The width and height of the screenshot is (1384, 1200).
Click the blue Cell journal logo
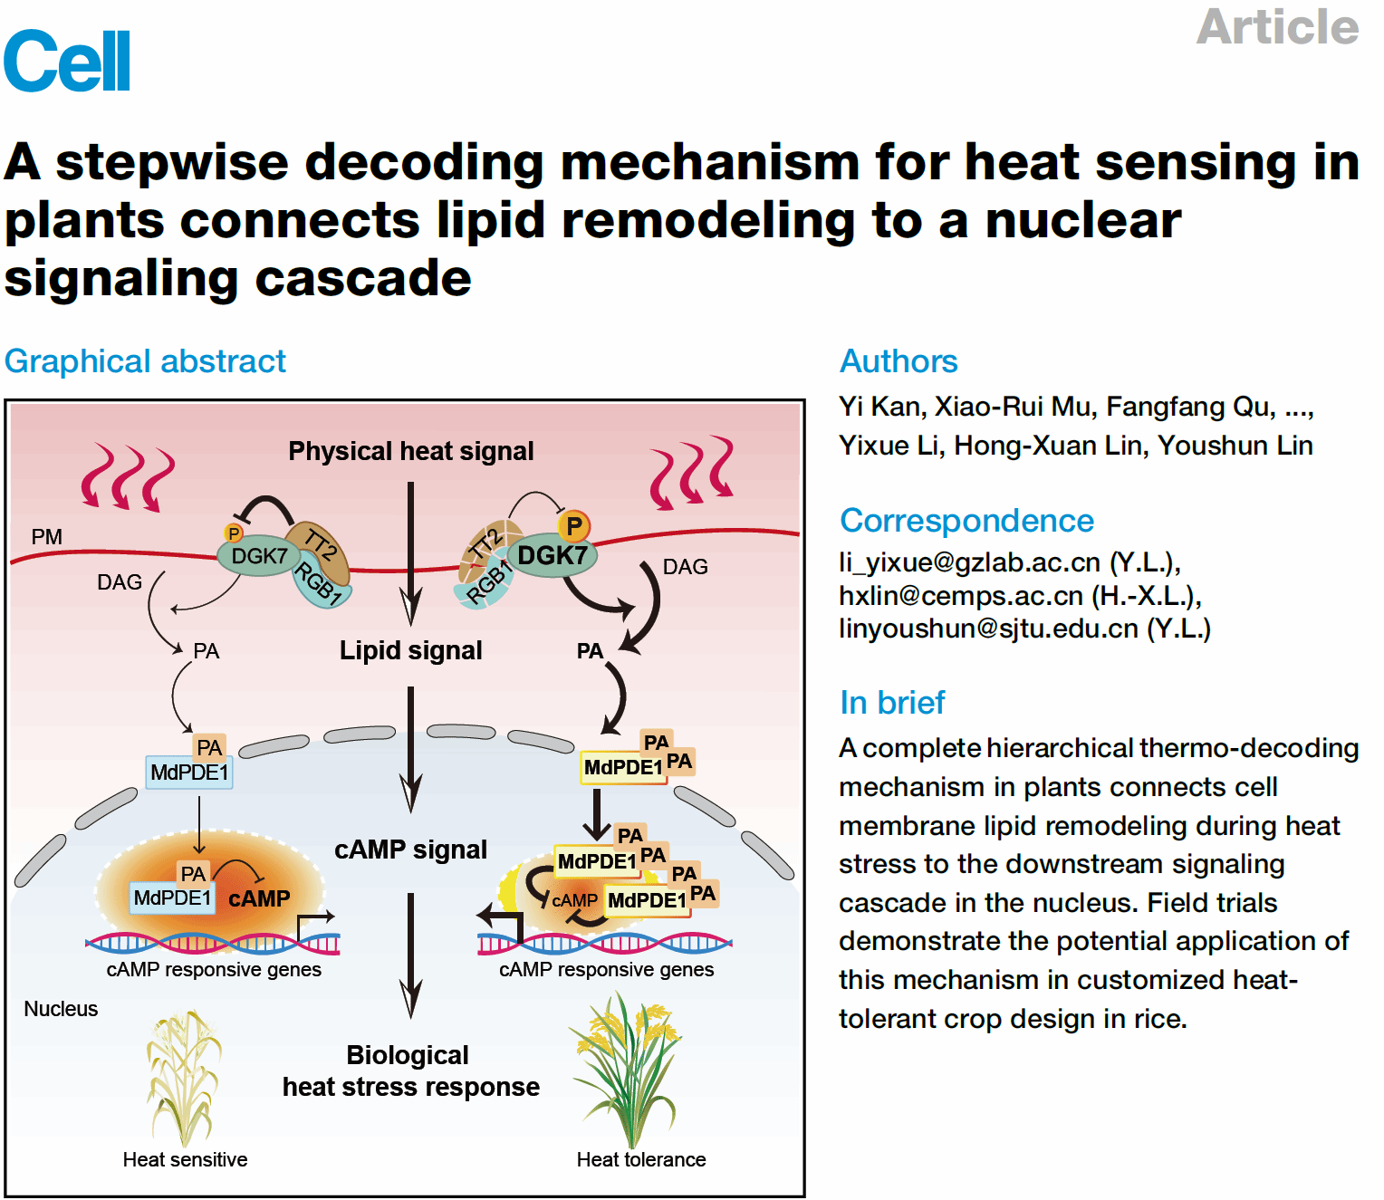(67, 61)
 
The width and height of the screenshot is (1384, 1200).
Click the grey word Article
(1277, 26)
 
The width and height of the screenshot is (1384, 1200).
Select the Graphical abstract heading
(145, 361)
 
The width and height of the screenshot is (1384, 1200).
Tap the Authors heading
(899, 361)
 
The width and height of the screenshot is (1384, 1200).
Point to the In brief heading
(892, 703)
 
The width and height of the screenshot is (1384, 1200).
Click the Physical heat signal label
(410, 451)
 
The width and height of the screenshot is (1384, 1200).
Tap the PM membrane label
(47, 537)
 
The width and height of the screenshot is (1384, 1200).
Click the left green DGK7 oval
(258, 556)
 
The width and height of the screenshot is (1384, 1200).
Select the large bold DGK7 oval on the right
(552, 555)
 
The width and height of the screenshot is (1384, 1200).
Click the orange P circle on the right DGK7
(573, 525)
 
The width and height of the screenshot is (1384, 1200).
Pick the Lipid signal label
(410, 650)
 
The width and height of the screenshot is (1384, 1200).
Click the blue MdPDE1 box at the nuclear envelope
(189, 773)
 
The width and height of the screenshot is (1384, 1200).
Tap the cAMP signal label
(410, 850)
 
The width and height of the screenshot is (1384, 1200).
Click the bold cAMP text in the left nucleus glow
(259, 898)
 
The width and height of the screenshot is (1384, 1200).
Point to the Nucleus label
(61, 1009)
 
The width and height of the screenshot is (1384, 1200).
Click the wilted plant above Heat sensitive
(184, 1078)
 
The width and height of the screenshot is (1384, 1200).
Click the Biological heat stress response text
(410, 1070)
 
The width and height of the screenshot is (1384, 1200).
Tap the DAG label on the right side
(685, 567)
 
